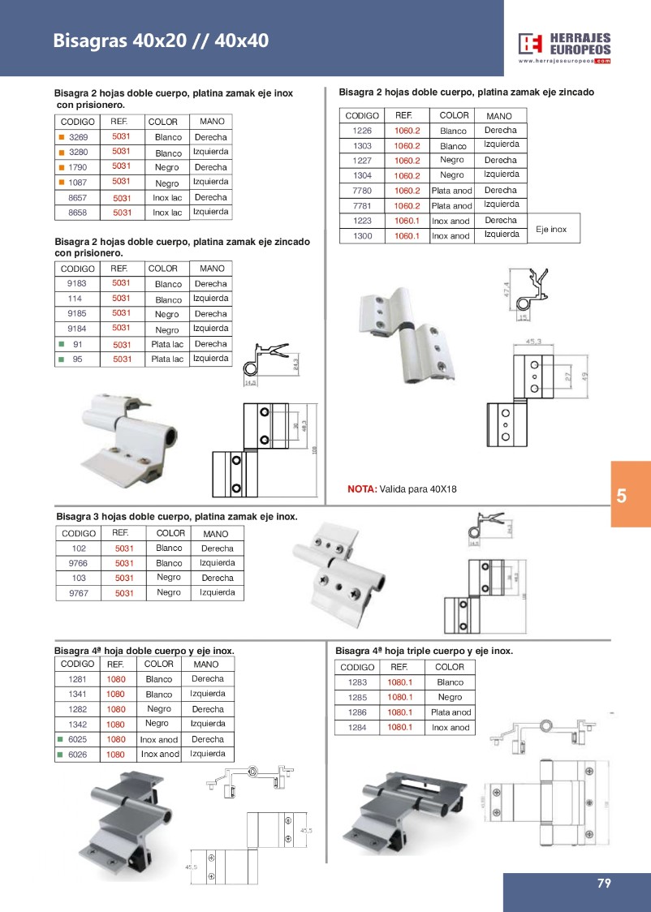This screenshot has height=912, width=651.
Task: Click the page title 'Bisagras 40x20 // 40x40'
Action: pos(161,41)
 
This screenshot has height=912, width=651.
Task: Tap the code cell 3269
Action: pos(78,137)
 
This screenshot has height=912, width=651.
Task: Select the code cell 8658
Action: pos(78,213)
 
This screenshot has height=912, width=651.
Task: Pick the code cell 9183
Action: pos(78,284)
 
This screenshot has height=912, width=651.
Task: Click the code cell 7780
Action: pos(361,191)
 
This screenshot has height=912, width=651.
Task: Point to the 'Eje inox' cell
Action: pos(551,230)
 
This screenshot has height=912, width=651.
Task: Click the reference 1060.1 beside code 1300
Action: pos(407,236)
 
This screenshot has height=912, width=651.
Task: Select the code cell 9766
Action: pos(78,563)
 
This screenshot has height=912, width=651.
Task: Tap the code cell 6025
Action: pos(78,739)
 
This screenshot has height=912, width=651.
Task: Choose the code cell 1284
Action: pos(358,728)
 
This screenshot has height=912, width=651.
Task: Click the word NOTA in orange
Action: pos(362,489)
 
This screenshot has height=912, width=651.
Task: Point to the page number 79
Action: pos(603,884)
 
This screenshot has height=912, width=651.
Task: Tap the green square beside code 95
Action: pos(61,359)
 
